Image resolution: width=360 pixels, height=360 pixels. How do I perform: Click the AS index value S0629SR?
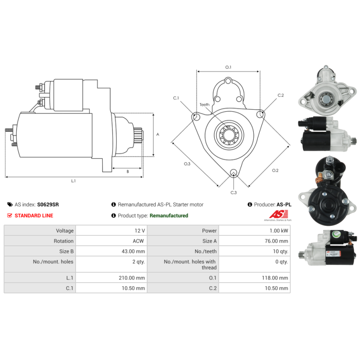tap(48, 204)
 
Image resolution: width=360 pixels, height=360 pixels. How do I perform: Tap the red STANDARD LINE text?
tap(34, 216)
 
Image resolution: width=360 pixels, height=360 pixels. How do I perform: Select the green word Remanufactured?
tap(169, 216)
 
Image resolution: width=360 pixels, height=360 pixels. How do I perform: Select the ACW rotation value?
tap(138, 241)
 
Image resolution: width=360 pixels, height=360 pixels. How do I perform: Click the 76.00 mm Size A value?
tap(276, 241)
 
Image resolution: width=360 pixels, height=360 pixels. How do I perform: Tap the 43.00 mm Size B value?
tap(133, 252)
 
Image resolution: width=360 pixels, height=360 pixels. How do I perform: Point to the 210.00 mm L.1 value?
tap(132, 278)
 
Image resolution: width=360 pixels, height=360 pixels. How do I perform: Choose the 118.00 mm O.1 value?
tap(275, 278)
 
